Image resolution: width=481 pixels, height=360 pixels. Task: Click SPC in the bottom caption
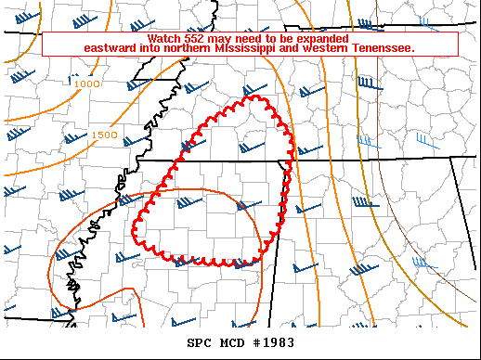pyautogui.click(x=199, y=342)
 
